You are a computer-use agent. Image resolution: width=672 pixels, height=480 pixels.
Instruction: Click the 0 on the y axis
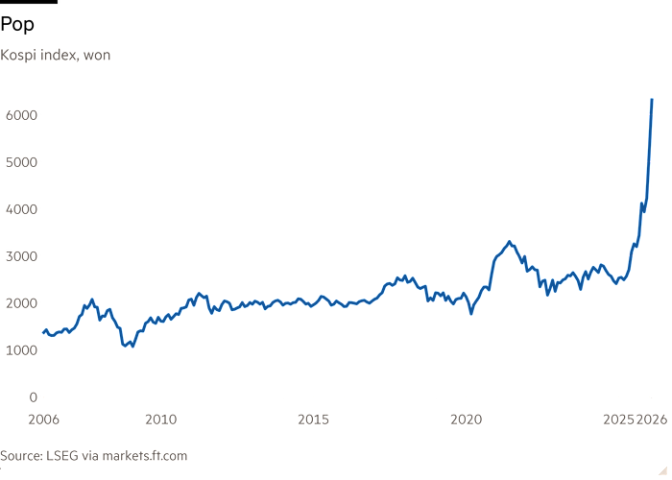coord(32,397)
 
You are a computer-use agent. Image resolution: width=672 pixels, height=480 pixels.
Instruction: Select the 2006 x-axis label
coord(44,419)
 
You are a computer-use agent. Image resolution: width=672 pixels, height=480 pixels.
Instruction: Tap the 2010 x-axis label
coord(161,419)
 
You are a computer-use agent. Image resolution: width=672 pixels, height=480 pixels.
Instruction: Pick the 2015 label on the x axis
coord(314,419)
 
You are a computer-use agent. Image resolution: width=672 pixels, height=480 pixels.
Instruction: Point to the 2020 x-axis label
coord(466,419)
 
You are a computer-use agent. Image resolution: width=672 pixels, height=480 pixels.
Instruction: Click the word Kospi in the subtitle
coord(17,56)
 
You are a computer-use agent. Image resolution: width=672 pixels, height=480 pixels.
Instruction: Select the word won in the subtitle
coord(97,56)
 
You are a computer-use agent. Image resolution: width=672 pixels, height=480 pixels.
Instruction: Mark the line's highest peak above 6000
coord(652,99)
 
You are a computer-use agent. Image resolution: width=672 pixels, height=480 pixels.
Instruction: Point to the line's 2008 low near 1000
coord(131,345)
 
